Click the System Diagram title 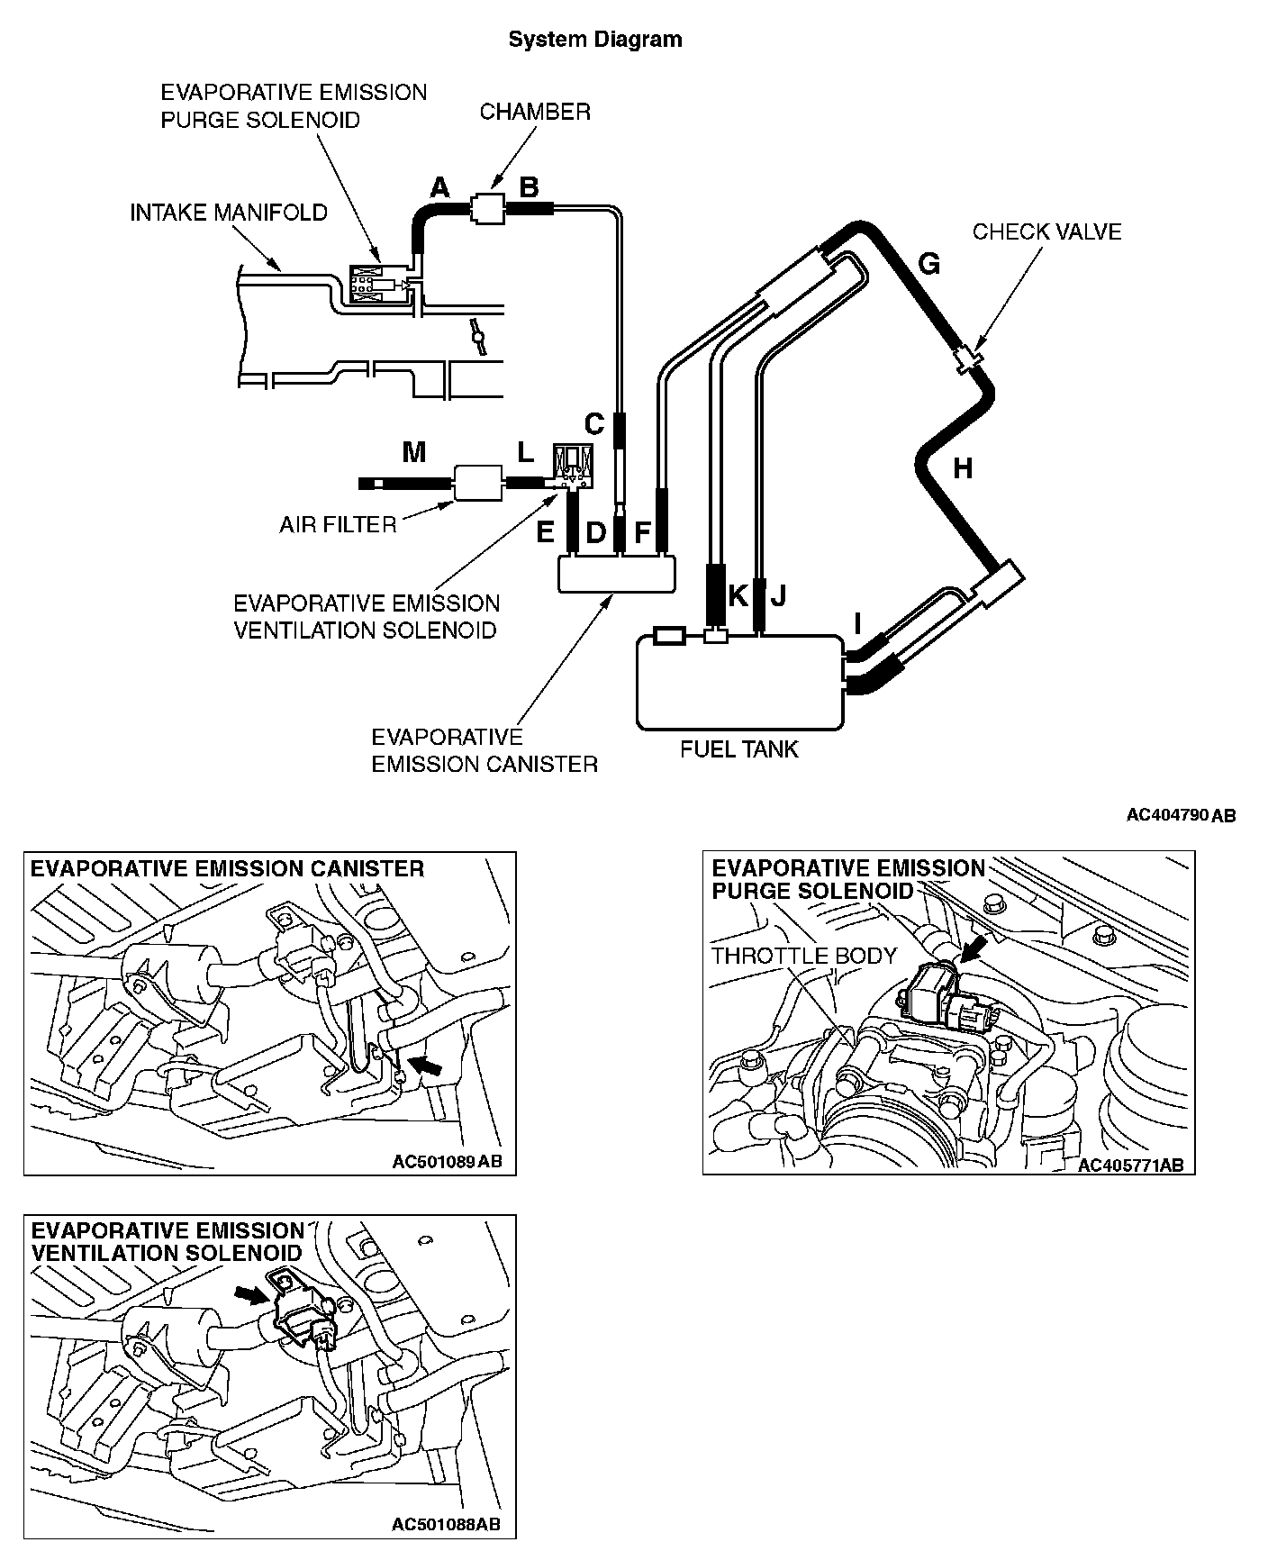[x=594, y=40]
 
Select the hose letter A [x=439, y=187]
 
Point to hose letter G [x=928, y=264]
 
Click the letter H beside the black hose [x=963, y=468]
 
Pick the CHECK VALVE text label [x=1046, y=231]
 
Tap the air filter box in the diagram [x=477, y=482]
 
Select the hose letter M [x=414, y=452]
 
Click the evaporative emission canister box [x=617, y=573]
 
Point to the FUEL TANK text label [x=739, y=749]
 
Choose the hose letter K [x=738, y=595]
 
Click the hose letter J [x=779, y=595]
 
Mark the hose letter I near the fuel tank [x=857, y=623]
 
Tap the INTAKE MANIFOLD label [x=229, y=213]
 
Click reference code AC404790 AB [x=1181, y=815]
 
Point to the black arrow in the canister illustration [x=430, y=1066]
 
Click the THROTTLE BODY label [x=804, y=956]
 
